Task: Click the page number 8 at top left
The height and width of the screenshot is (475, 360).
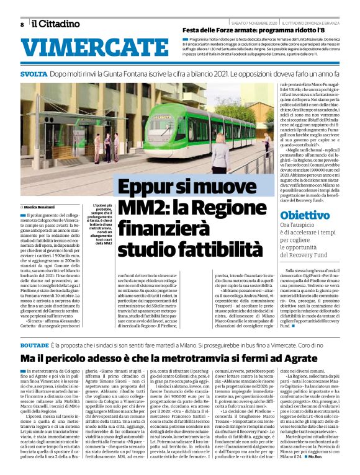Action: tap(22, 24)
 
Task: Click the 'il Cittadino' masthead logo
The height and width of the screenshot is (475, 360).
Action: tap(56, 24)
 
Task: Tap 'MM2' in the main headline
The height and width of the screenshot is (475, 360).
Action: tap(143, 208)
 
